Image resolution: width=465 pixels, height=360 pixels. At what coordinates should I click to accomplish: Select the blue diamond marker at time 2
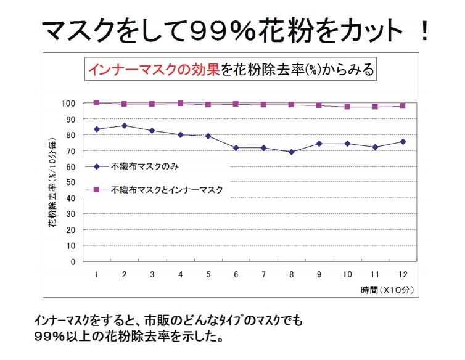tap(125, 126)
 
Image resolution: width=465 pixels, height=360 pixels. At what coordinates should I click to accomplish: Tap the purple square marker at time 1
tap(97, 102)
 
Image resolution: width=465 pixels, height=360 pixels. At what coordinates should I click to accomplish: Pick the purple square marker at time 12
tap(402, 105)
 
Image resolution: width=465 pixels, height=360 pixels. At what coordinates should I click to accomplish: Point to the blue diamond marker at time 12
tap(402, 142)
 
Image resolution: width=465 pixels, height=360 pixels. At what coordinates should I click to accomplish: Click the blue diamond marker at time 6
tap(237, 148)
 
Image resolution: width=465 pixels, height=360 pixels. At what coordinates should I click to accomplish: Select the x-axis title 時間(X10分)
tap(387, 289)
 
